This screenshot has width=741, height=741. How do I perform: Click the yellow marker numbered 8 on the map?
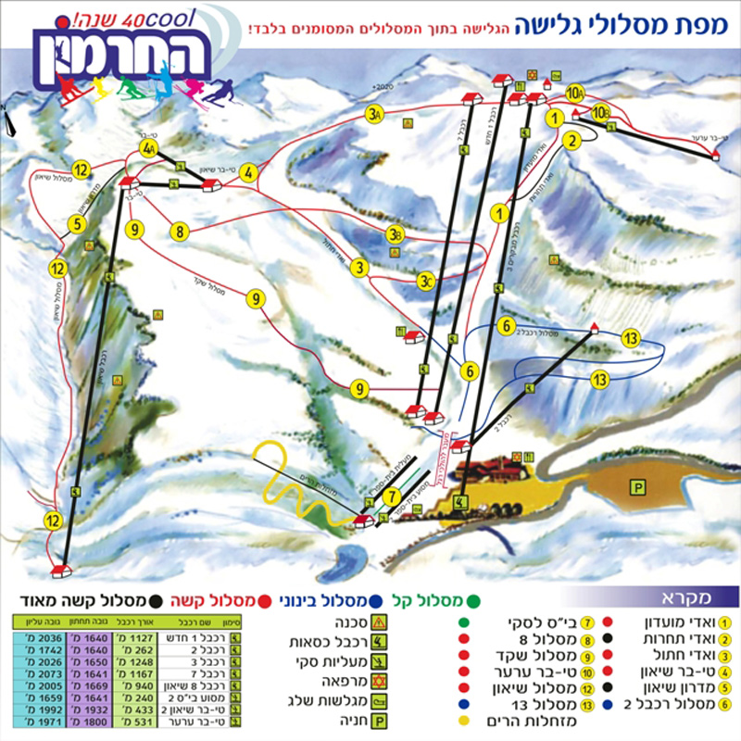179,232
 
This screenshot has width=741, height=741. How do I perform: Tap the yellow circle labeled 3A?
374,115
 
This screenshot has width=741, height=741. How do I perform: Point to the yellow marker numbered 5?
77,223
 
